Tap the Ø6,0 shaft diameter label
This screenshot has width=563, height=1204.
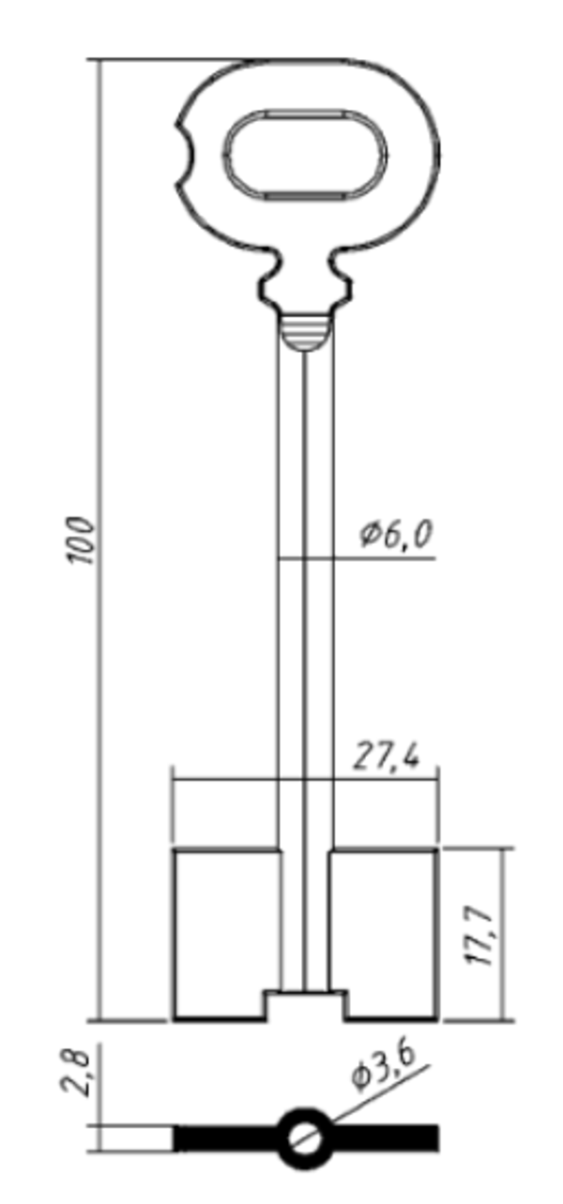(395, 534)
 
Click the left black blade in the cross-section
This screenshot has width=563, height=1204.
(227, 1138)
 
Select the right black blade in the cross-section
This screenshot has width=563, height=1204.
(385, 1138)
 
